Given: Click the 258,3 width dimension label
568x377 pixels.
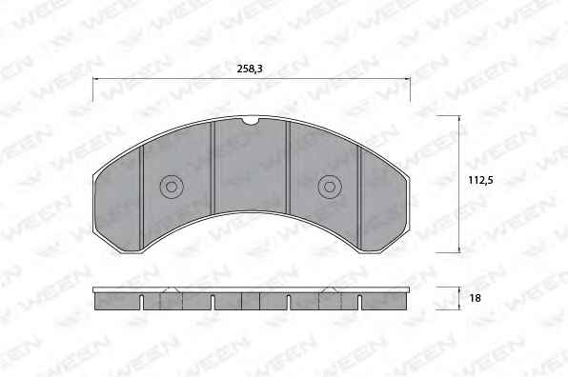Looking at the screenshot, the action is [x=250, y=69].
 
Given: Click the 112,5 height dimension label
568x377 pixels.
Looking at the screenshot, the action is [x=480, y=180].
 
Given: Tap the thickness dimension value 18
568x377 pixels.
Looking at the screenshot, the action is [x=475, y=298].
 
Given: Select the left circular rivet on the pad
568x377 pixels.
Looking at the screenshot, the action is [x=172, y=187].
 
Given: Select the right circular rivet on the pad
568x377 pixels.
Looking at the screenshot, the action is [x=330, y=187].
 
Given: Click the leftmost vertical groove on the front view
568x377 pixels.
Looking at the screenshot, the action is [x=142, y=198].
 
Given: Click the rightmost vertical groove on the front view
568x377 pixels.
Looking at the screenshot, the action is [x=359, y=198].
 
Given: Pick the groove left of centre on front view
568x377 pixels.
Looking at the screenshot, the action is [x=213, y=168].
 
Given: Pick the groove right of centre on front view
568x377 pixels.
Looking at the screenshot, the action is [x=289, y=168].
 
